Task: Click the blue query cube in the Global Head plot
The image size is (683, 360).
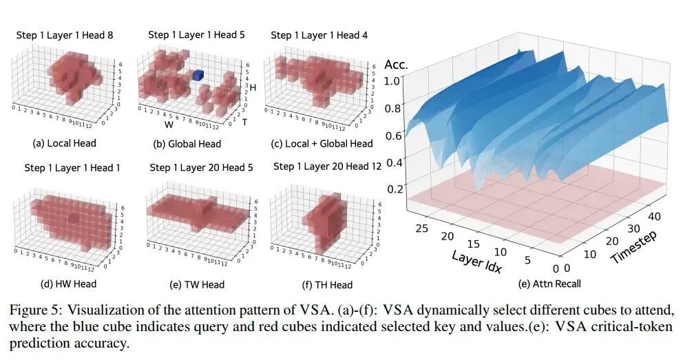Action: (198, 75)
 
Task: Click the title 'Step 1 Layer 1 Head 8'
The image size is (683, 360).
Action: (65, 35)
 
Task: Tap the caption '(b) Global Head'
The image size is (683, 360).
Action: (189, 144)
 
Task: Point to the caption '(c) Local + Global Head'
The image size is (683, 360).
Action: (321, 144)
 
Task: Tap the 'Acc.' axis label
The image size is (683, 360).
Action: (396, 65)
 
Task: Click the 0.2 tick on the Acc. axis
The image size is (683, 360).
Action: (394, 190)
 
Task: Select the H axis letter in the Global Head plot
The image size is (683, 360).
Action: (253, 88)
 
